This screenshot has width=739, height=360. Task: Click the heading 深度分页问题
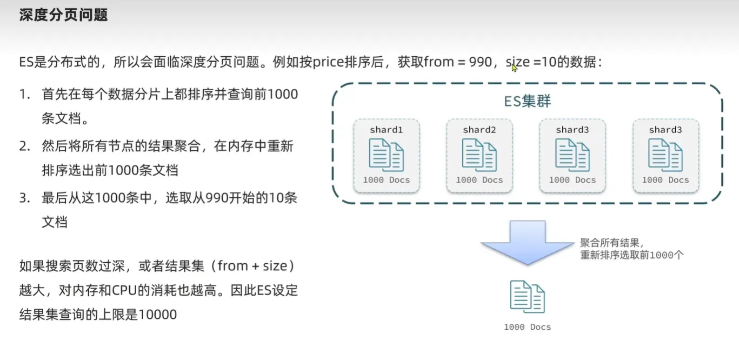click(64, 15)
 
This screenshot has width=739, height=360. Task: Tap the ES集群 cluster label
click(527, 101)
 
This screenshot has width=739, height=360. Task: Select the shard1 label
click(386, 130)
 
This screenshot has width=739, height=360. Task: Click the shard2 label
click(479, 130)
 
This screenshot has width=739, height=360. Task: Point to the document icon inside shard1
click(386, 155)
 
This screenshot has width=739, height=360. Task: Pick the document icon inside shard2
click(479, 155)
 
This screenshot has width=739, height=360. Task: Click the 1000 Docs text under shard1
click(386, 180)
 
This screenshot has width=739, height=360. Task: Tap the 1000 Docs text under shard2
click(479, 180)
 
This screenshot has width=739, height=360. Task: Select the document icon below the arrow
click(527, 297)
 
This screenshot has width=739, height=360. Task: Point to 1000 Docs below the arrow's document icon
click(527, 327)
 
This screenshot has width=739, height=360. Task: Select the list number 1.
click(24, 95)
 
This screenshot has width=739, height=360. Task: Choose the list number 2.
click(24, 146)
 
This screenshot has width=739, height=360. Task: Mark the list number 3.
click(24, 198)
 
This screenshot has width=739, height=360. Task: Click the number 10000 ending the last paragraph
click(158, 315)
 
